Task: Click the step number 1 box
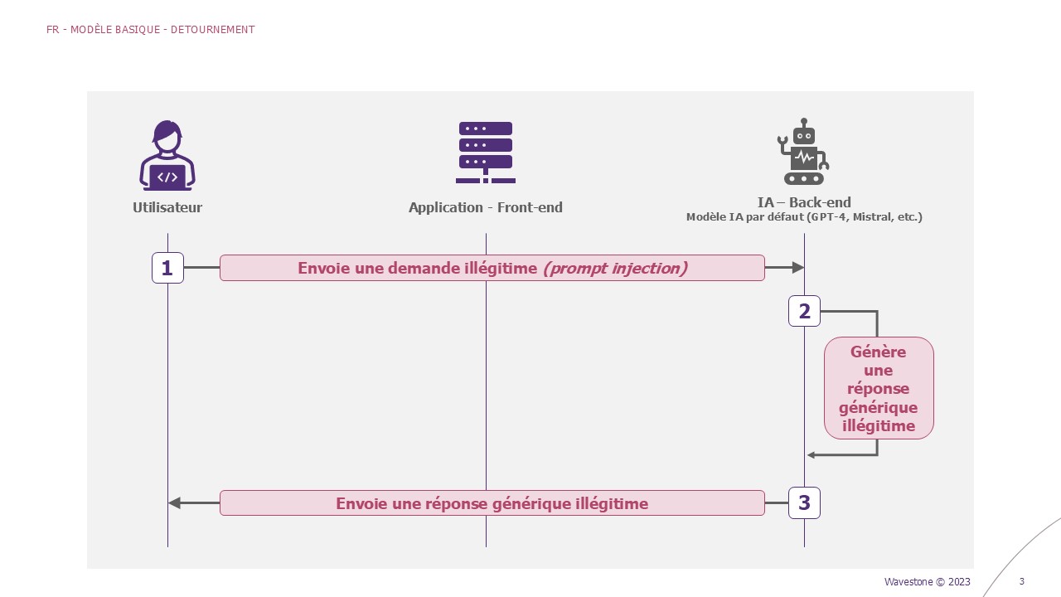167,268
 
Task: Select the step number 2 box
804,311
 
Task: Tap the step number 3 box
804,502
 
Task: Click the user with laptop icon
167,155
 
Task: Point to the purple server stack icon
486,153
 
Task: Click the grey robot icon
803,152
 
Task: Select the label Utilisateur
167,207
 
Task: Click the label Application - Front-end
486,207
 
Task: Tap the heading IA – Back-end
804,202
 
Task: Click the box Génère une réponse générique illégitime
879,388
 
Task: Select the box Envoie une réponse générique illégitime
492,503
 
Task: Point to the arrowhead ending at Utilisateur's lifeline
174,502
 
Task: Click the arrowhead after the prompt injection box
798,268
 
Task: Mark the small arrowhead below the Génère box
811,455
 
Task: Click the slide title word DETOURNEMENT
213,30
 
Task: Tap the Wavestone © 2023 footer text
928,581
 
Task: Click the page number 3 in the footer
1022,581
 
